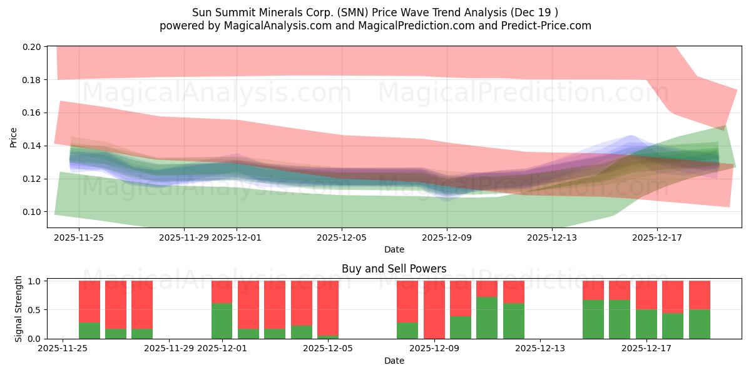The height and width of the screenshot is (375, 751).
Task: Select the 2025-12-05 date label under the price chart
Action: point(342,237)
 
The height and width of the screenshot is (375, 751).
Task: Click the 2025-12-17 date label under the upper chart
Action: point(657,237)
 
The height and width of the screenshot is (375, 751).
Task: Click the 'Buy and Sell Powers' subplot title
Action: point(394,269)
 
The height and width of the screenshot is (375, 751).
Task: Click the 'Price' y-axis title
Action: point(14,137)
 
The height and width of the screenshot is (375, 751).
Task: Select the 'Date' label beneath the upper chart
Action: point(394,249)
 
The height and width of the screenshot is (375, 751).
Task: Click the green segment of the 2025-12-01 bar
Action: point(222,321)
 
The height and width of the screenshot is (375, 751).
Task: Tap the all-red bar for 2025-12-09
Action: point(434,309)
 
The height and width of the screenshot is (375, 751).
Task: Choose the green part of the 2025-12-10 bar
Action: point(487,317)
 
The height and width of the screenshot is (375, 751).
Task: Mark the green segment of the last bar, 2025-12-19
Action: point(699,324)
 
